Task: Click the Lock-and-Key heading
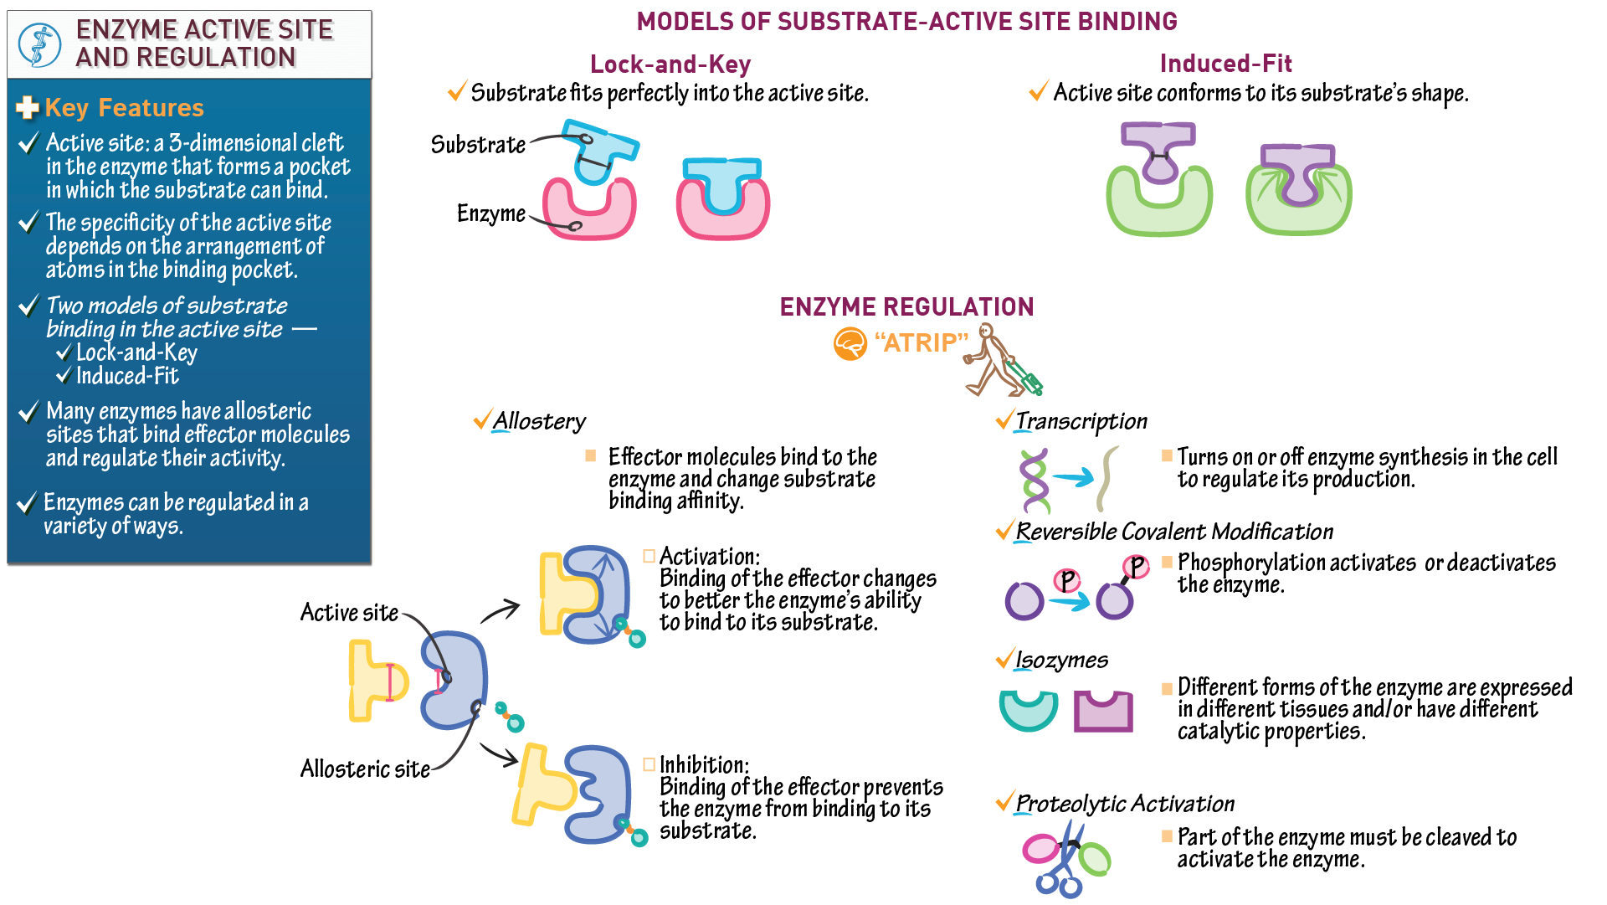click(x=670, y=64)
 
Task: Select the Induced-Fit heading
click(x=1225, y=64)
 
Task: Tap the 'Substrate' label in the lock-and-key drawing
click(x=478, y=145)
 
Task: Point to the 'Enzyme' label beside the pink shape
click(x=490, y=213)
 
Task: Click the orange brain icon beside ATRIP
click(x=850, y=343)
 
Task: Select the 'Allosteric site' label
click(x=365, y=769)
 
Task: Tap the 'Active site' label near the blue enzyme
click(x=349, y=612)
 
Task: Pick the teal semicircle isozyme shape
click(x=1028, y=711)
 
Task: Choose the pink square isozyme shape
click(x=1103, y=712)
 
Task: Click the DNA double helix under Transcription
click(x=1035, y=480)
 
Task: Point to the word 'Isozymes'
click(x=1061, y=661)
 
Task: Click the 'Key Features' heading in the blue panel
click(x=124, y=108)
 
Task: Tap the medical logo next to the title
click(x=39, y=44)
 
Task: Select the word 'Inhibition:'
click(x=704, y=764)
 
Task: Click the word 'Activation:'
click(x=709, y=556)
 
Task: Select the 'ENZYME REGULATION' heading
click(x=906, y=307)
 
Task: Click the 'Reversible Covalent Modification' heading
click(x=1173, y=532)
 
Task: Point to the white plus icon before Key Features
click(x=28, y=108)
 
